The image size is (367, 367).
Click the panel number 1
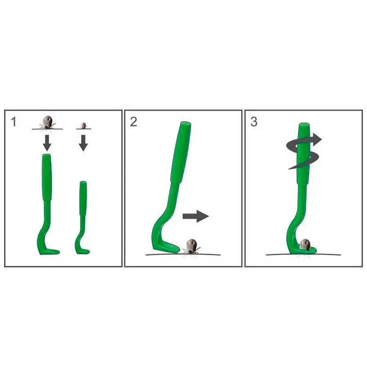coord(14,122)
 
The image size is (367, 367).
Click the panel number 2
coord(133,122)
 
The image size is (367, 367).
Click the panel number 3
coord(254,122)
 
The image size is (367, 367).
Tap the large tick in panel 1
coord(48,122)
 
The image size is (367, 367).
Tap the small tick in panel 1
coord(84,126)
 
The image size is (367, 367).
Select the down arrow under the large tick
coord(47,143)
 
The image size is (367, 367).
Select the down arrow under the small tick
coord(83,143)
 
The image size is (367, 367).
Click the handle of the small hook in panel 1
coord(83,198)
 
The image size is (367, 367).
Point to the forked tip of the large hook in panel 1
coord(56,252)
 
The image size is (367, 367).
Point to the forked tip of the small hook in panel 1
coord(86,252)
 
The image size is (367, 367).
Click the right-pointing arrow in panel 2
coord(196,216)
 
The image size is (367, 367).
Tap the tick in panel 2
coord(192,246)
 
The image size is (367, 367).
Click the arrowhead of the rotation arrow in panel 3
coord(317,139)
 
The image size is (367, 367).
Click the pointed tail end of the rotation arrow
coord(289,168)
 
